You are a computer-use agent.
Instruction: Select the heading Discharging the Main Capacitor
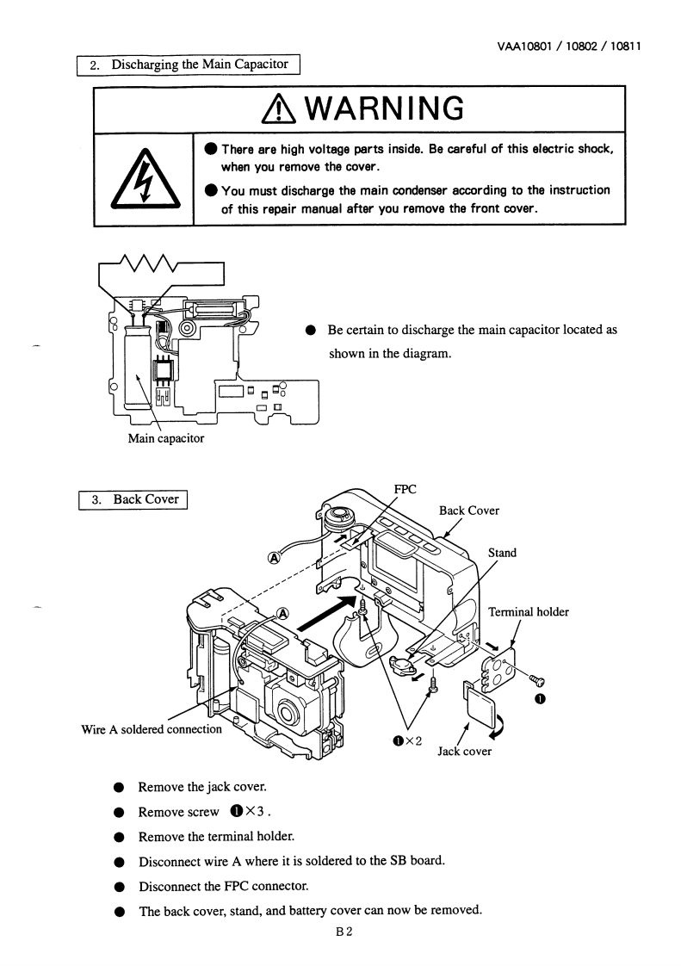(x=188, y=65)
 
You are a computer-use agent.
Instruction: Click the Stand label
(x=502, y=553)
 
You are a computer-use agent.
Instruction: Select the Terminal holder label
(x=528, y=612)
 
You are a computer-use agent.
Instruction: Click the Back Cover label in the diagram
(x=468, y=511)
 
